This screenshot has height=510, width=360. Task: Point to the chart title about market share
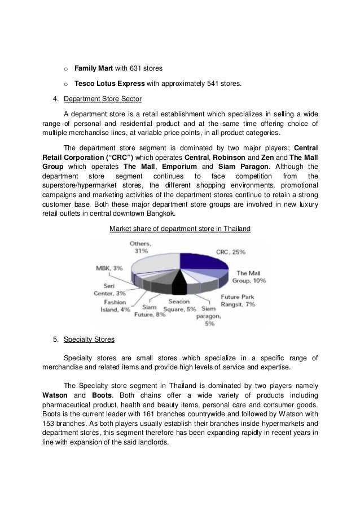coord(179,229)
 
